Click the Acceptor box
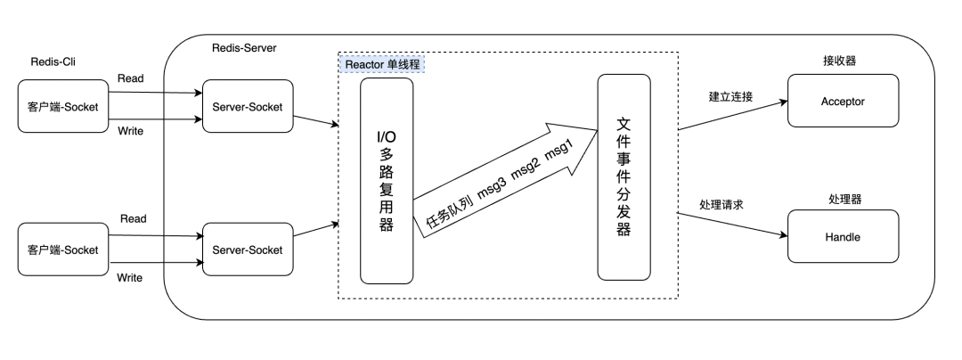tap(843, 102)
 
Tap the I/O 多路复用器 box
tap(386, 179)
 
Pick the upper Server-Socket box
tap(247, 107)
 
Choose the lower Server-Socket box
tap(247, 250)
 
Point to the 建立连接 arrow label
tap(730, 95)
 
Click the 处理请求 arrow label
tap(721, 205)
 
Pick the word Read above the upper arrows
tap(132, 78)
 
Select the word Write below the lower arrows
tap(131, 277)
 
